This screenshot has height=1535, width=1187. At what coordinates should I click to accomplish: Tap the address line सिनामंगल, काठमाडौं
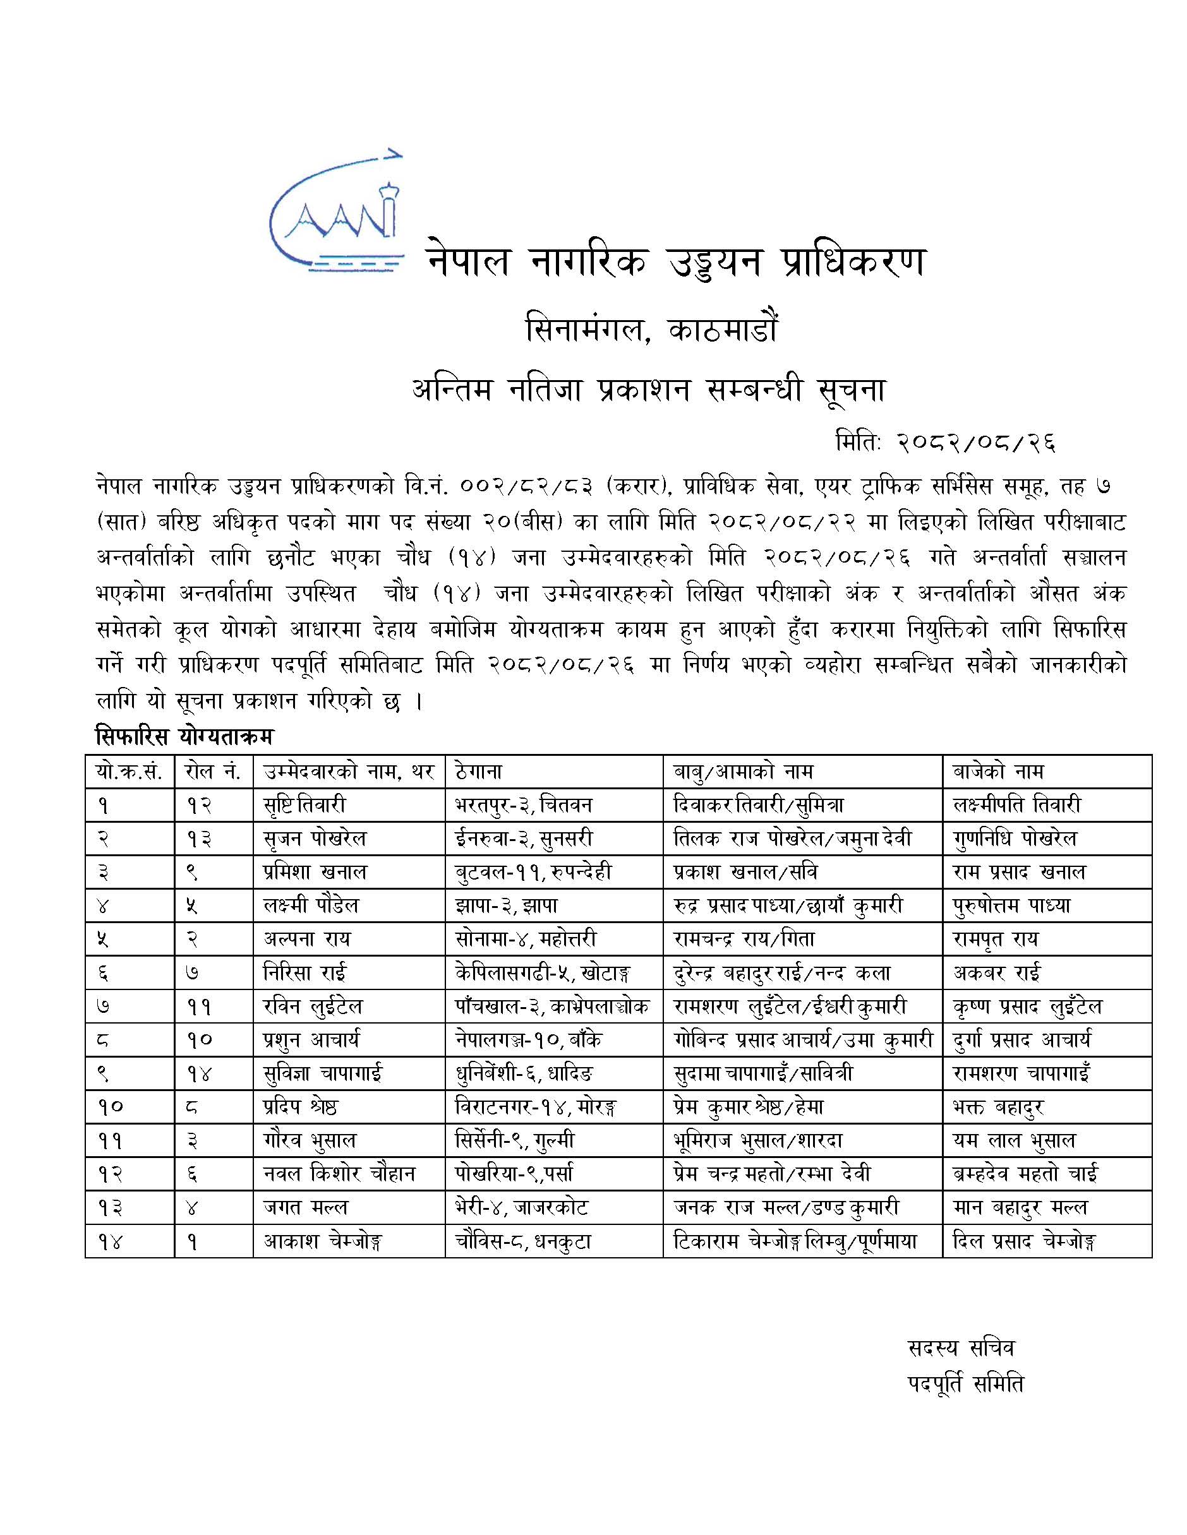pos(652,330)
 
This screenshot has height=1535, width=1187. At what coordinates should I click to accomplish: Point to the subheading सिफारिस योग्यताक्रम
pos(184,737)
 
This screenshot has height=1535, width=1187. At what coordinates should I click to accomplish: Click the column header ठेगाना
pos(478,772)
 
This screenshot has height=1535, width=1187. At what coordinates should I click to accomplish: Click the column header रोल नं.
pos(212,772)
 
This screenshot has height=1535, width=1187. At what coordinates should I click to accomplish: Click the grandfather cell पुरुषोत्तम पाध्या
pos(1011,906)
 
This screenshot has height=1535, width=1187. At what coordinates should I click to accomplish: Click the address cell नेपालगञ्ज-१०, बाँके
pos(528,1039)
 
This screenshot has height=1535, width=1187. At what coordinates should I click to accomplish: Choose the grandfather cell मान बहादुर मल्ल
pos(1020,1207)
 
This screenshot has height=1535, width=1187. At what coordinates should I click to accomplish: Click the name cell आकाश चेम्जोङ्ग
pos(323,1241)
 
